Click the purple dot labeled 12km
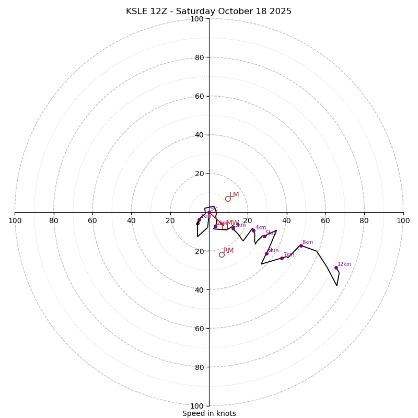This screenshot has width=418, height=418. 336,268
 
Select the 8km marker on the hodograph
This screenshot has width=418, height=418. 301,246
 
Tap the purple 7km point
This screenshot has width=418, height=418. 282,258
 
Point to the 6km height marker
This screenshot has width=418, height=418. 266,253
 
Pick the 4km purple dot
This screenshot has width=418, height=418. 253,230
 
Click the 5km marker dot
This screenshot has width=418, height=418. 264,236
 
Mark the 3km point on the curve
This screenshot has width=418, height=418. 233,228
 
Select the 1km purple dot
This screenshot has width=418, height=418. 199,219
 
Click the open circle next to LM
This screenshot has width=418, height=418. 228,199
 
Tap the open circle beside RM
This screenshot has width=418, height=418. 222,254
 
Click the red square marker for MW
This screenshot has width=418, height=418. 225,226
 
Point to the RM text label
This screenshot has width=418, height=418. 229,251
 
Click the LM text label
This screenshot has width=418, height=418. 234,195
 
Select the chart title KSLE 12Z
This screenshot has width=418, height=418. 209,11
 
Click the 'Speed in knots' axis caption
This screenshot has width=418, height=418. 209,414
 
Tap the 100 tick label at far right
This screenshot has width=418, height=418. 403,220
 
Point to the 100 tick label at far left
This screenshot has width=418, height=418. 15,220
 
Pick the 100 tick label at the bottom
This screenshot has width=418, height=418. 197,406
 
